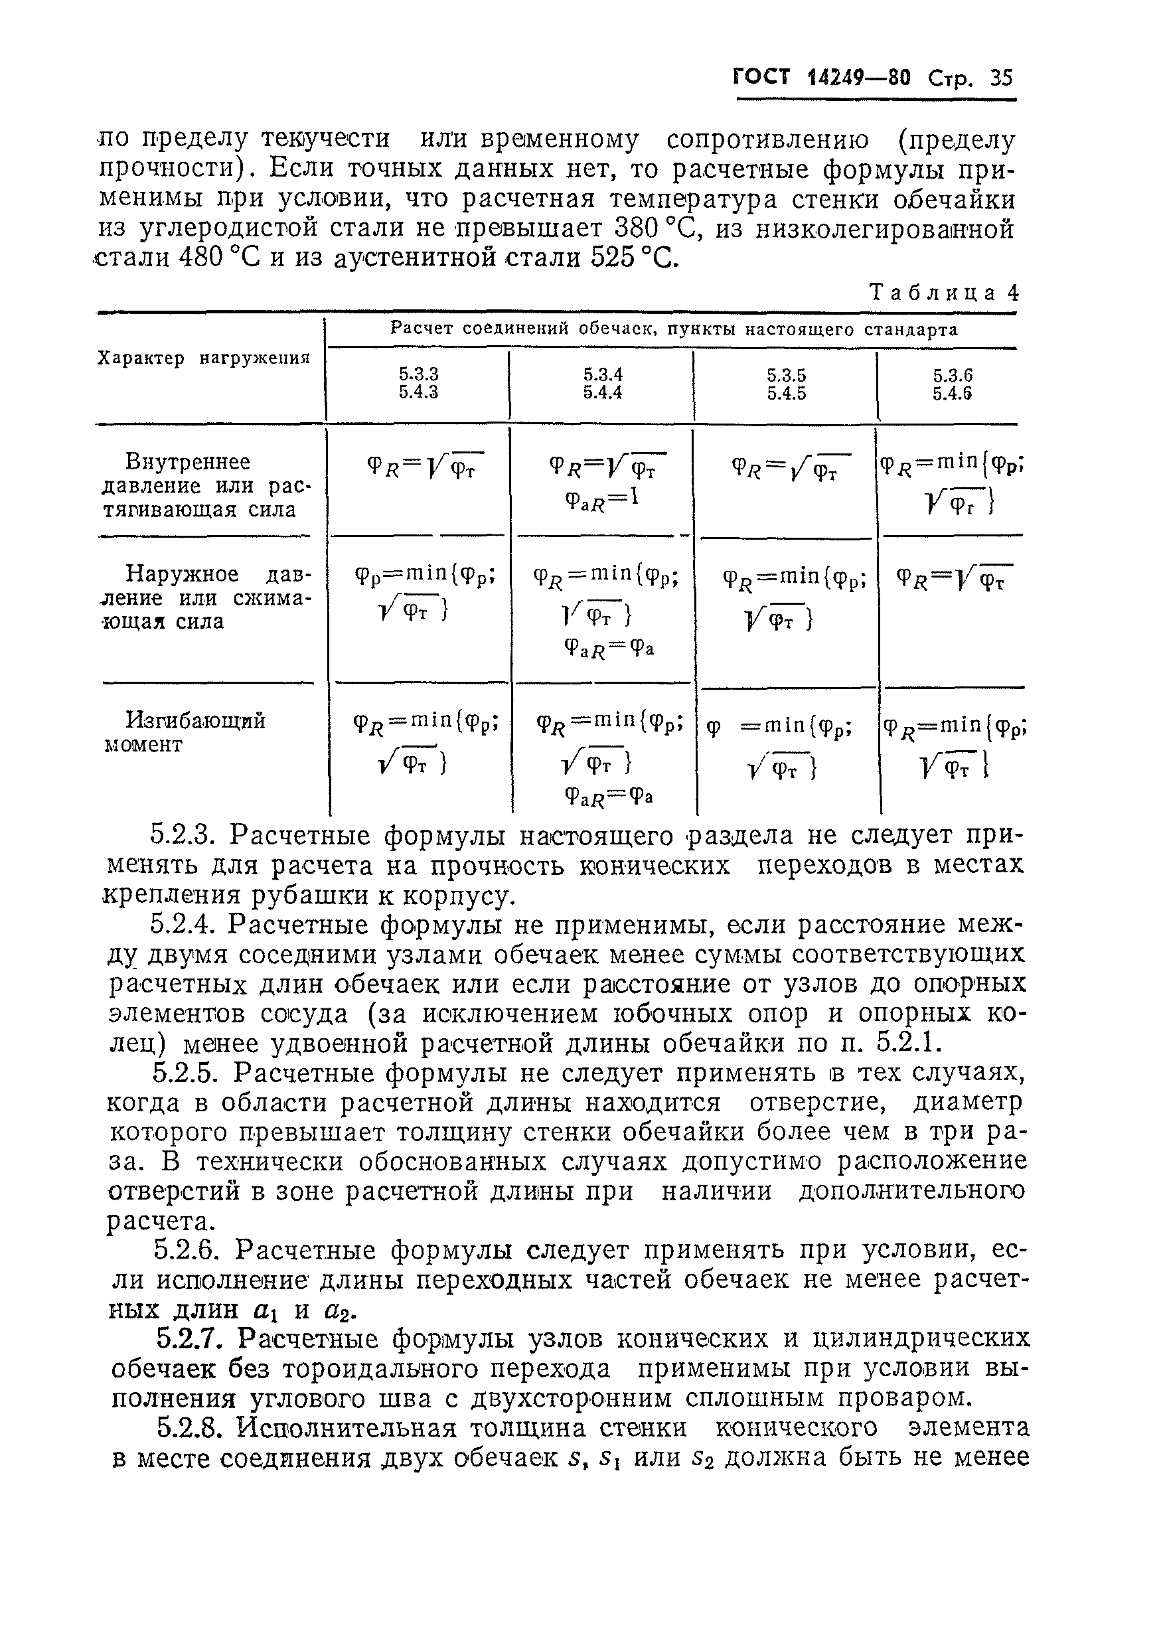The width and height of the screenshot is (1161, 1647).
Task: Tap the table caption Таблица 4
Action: [943, 293]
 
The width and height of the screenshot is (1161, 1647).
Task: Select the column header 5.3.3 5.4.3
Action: [419, 383]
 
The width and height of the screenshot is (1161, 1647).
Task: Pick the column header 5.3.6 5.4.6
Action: [953, 384]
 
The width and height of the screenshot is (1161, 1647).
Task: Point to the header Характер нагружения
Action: [204, 358]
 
